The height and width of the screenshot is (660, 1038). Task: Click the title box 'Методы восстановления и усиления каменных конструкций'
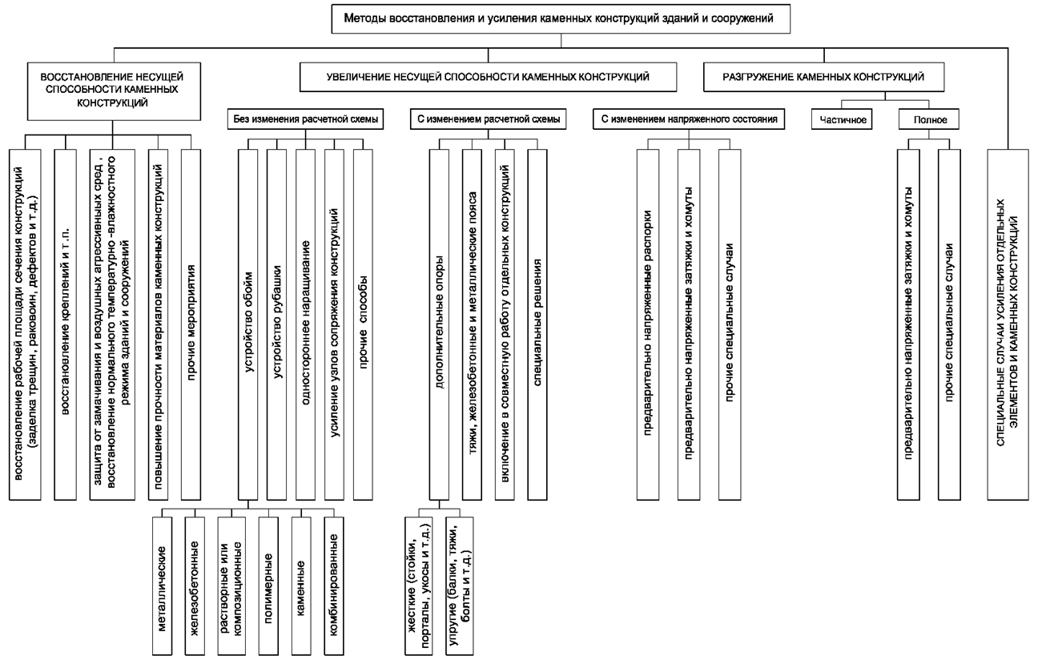pyautogui.click(x=561, y=19)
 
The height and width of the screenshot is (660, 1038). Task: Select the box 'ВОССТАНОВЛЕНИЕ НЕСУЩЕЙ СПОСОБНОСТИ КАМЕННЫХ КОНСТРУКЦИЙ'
pyautogui.click(x=114, y=91)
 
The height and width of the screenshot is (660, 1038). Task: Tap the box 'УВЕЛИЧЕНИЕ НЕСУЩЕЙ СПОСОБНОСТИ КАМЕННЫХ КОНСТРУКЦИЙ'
pyautogui.click(x=488, y=77)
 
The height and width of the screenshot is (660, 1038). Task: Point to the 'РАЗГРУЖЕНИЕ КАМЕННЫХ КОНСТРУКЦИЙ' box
pyautogui.click(x=824, y=77)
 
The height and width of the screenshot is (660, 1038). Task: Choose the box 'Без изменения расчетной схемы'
pyautogui.click(x=305, y=119)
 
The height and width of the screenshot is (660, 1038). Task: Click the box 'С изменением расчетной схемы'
pyautogui.click(x=488, y=119)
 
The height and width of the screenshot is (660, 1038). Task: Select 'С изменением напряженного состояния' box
pyautogui.click(x=689, y=119)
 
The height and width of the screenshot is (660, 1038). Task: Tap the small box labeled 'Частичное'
pyautogui.click(x=842, y=119)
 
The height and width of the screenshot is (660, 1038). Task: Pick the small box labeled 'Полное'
pyautogui.click(x=928, y=119)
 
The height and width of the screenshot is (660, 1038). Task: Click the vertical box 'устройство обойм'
pyautogui.click(x=248, y=324)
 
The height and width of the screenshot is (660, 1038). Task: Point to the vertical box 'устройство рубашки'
pyautogui.click(x=276, y=324)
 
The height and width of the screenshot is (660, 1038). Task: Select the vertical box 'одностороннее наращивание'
pyautogui.click(x=305, y=324)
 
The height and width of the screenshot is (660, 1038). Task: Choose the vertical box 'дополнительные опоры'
pyautogui.click(x=439, y=324)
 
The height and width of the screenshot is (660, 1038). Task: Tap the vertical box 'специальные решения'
pyautogui.click(x=537, y=324)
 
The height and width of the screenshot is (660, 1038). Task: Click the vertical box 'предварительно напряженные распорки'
pyautogui.click(x=648, y=324)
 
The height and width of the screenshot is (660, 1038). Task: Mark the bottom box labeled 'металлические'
pyautogui.click(x=162, y=586)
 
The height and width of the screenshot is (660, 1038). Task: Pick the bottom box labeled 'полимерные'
pyautogui.click(x=268, y=586)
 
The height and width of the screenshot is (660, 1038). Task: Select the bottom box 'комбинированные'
pyautogui.click(x=334, y=586)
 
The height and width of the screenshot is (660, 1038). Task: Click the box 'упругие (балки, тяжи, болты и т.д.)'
pyautogui.click(x=459, y=586)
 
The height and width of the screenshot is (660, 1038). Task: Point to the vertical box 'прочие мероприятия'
pyautogui.click(x=191, y=324)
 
